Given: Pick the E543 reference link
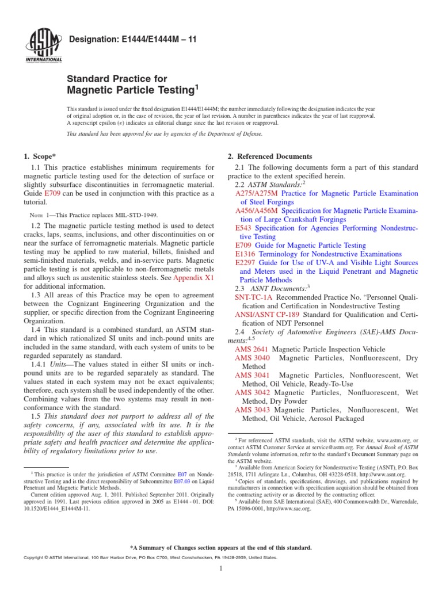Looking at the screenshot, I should tap(243, 228).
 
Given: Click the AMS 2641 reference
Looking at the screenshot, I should tap(252, 349).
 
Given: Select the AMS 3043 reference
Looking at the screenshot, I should tap(252, 410).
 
